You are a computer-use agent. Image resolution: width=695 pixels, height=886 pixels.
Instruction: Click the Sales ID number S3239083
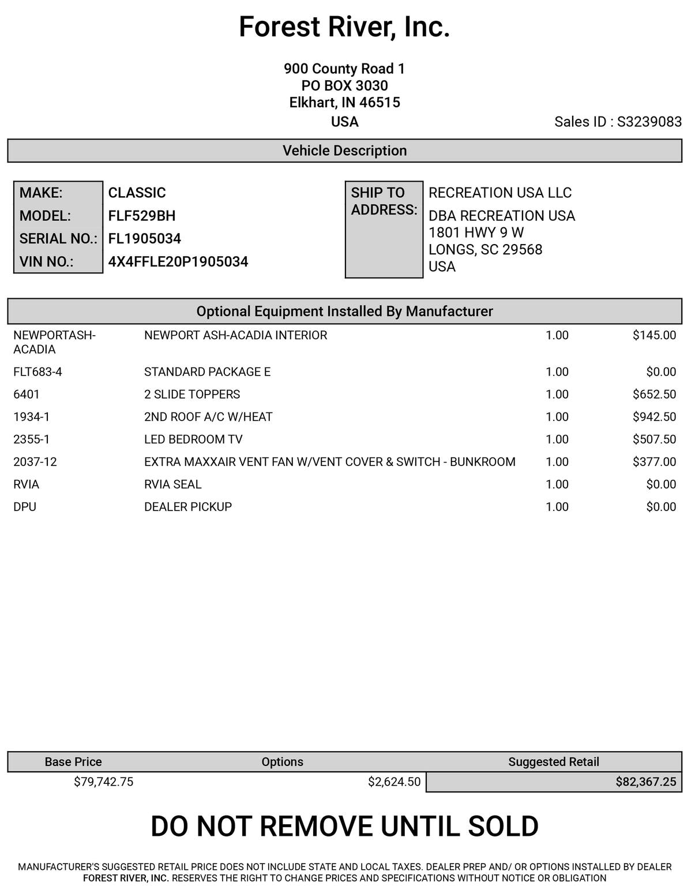pos(649,122)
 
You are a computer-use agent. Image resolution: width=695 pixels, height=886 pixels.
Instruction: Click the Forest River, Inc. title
pos(344,27)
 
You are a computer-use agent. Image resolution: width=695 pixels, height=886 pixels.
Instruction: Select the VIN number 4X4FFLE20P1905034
pos(178,261)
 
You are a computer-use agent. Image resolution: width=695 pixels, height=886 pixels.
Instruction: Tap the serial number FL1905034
pos(145,238)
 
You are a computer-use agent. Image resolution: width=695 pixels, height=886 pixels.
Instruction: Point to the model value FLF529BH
pos(142,216)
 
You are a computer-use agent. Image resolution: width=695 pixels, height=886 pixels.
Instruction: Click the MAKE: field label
pos(41,193)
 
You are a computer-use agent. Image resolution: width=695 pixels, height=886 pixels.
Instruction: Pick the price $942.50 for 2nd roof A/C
pos(654,416)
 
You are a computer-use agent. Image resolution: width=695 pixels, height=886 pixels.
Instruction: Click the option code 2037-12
pos(35,461)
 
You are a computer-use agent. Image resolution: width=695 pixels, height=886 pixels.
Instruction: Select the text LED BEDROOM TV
pos(193,439)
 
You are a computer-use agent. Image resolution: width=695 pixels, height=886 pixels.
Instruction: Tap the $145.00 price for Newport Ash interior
pos(654,335)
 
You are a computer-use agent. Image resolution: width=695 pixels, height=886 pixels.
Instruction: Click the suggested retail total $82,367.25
pos(645,782)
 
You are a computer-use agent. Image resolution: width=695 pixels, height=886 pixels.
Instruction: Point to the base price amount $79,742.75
pos(104,782)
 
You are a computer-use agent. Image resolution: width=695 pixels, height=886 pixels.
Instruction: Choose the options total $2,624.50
pos(394,782)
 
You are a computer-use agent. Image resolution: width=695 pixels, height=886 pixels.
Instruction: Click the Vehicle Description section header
pos(344,151)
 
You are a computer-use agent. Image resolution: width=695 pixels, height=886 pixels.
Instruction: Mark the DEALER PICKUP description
pos(188,506)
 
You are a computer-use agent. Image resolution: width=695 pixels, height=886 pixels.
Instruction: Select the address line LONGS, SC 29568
pos(485,250)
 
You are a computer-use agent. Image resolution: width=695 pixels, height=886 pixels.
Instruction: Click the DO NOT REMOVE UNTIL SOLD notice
pos(344,826)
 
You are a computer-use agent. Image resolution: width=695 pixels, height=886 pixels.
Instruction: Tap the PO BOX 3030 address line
pos(344,86)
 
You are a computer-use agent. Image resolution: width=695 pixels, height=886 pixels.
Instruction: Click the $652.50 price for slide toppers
pos(654,394)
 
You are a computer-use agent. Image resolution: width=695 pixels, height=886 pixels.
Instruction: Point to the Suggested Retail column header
pos(553,761)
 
